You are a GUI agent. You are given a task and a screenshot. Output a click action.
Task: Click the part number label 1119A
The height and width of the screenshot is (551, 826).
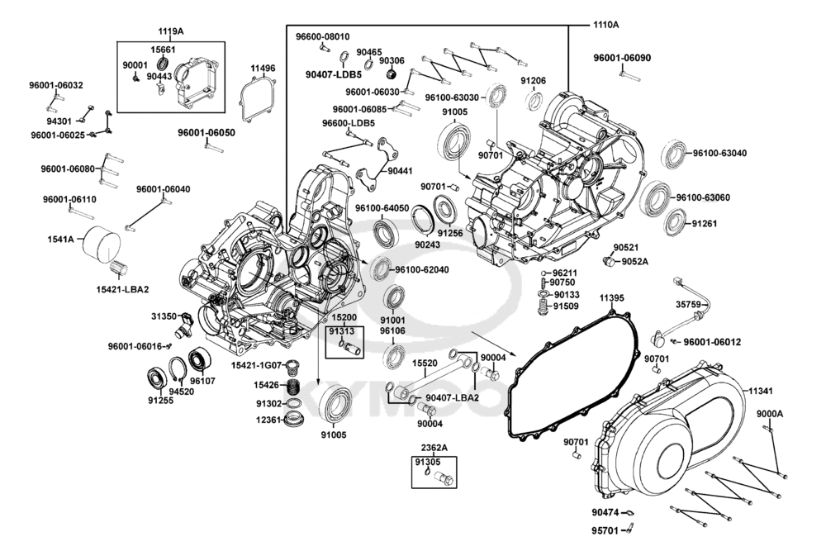point(171,31)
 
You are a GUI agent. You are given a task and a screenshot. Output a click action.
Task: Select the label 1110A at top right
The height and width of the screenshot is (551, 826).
point(605,25)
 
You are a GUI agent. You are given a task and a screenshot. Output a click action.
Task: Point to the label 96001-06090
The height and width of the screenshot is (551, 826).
point(622,58)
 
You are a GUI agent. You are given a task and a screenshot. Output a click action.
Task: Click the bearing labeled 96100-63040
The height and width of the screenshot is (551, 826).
point(674,154)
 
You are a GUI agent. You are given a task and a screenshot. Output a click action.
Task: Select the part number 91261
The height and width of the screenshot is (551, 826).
point(706,223)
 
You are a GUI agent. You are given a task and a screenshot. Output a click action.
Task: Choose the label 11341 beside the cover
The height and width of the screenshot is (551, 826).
point(762,389)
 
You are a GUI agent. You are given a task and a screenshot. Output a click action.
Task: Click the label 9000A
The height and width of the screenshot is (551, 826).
point(768,415)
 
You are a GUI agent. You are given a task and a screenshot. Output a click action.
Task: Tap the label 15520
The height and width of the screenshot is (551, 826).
point(425,363)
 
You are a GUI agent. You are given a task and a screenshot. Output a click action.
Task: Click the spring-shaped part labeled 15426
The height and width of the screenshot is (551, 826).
point(292,387)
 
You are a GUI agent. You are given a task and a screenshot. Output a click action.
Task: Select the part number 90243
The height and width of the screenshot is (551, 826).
point(427,245)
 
